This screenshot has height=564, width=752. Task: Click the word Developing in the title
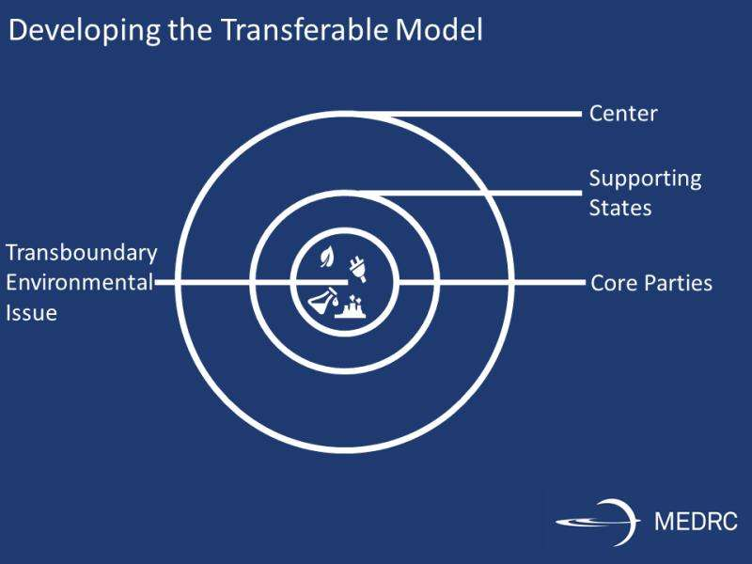point(85,31)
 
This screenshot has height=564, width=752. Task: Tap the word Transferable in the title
point(305,29)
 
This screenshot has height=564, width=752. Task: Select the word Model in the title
point(439,29)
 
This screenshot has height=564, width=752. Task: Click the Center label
point(623,114)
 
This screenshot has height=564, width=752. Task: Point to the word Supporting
point(646,180)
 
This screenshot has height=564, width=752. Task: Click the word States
point(620,208)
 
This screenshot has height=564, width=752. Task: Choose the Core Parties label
point(651,283)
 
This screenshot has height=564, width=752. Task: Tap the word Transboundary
point(82,254)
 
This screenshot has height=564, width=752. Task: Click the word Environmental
point(80,282)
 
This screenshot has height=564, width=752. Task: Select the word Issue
point(32,313)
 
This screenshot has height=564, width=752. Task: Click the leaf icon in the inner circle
point(327,257)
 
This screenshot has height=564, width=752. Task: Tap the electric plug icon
point(357,270)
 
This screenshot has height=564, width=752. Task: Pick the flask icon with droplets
point(323,301)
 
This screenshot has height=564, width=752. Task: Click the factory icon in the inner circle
point(351,307)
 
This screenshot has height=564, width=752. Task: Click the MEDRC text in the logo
point(696,522)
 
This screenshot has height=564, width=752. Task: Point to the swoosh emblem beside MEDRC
point(598,522)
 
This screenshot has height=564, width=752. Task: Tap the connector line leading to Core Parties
point(492,283)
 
